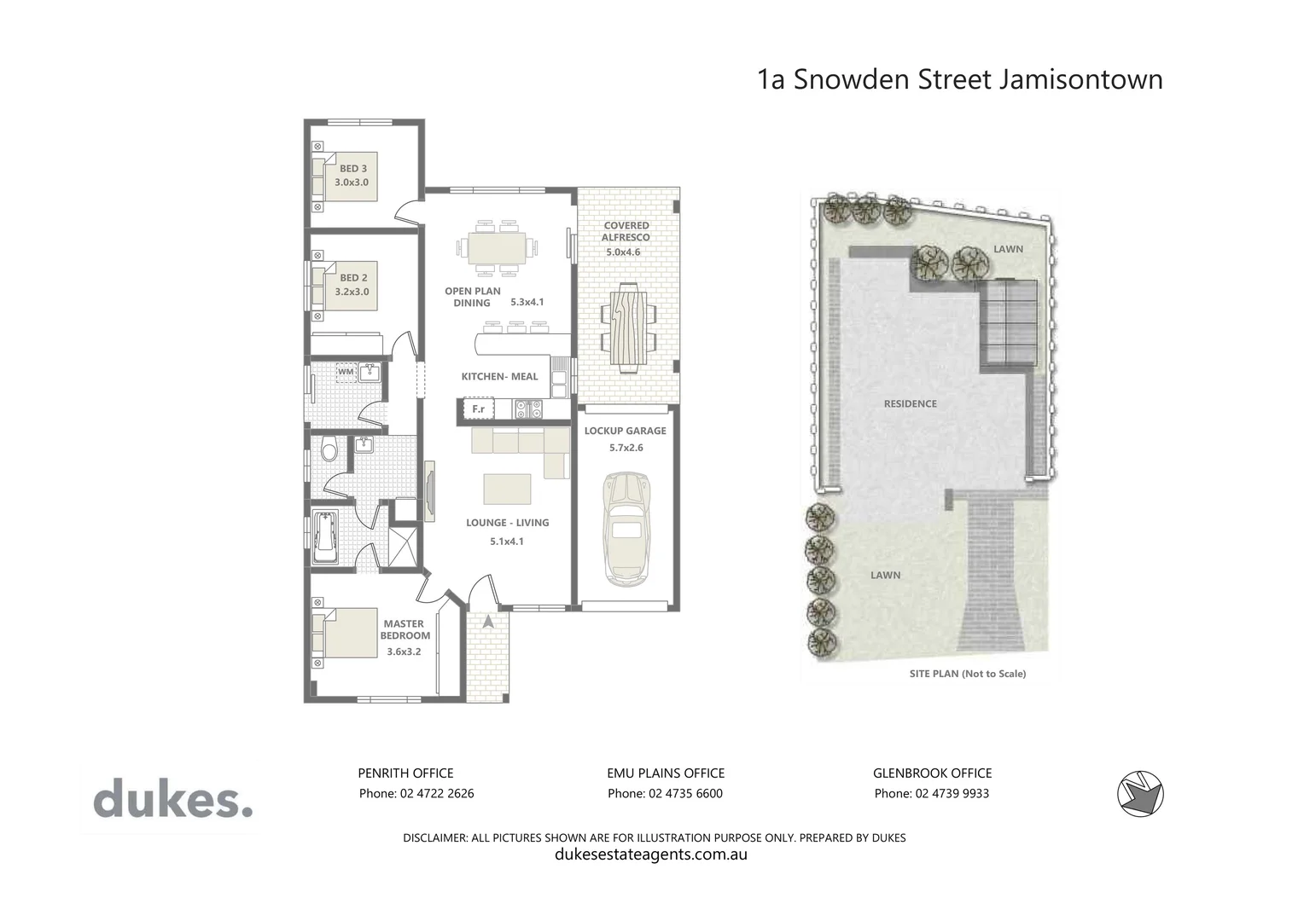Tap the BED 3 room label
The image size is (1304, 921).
coord(352,169)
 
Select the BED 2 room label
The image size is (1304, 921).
coord(353,278)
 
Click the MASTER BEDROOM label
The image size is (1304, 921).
coord(405,629)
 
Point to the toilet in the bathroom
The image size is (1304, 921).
coord(329,449)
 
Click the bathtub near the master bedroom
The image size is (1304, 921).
coord(325,536)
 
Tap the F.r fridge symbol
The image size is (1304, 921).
coord(478,409)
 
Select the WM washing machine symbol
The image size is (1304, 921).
coord(346,372)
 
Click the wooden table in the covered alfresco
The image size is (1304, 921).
coord(628,327)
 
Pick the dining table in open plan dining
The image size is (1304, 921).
coord(496,249)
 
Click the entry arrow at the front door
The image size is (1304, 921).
coord(488,622)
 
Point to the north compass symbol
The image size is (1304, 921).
coord(1140,794)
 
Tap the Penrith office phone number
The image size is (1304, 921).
coord(416,793)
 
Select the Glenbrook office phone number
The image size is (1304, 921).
coord(932,793)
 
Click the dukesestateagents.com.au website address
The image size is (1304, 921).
coord(651,854)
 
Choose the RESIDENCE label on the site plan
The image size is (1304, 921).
coord(910,403)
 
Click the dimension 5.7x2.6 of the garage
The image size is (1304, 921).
coord(626,448)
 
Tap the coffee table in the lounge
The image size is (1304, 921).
coord(507,489)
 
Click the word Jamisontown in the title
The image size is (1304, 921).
coord(1080,79)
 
